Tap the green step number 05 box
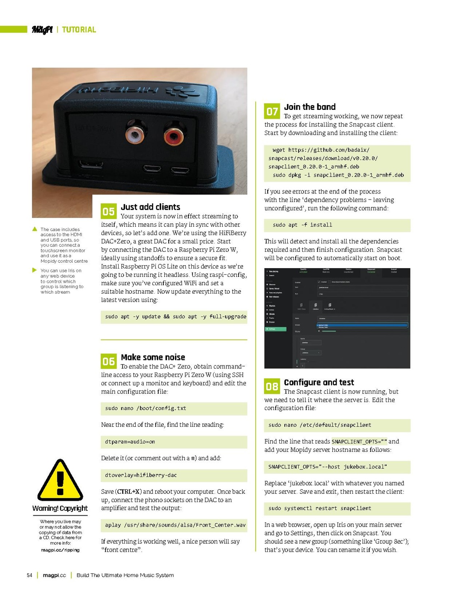point(109,211)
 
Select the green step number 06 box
point(109,361)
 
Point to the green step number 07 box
point(272,112)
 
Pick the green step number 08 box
point(272,387)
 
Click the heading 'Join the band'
point(309,107)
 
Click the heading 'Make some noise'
point(153,357)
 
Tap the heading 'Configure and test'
point(319,382)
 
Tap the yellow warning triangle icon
point(60,481)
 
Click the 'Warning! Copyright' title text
point(60,508)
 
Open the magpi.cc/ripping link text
point(60,550)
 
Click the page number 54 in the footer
point(30,575)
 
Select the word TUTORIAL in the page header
point(79,30)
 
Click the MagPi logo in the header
point(42,30)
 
